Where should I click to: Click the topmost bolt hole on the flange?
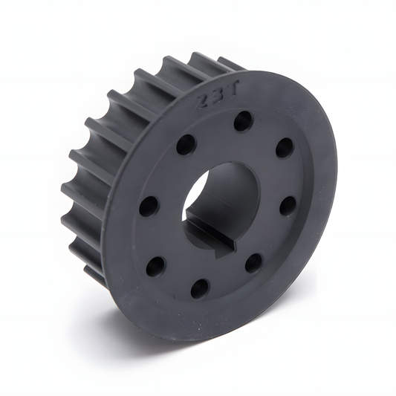(x=243, y=120)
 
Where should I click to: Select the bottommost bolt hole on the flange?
(x=200, y=288)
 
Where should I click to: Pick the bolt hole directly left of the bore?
(x=149, y=206)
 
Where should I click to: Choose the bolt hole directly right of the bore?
(x=288, y=205)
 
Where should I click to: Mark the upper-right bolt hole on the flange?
(x=285, y=148)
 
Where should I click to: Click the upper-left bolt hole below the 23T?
(x=186, y=144)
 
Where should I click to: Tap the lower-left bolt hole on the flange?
(x=156, y=266)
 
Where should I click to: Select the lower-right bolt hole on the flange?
(x=253, y=262)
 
